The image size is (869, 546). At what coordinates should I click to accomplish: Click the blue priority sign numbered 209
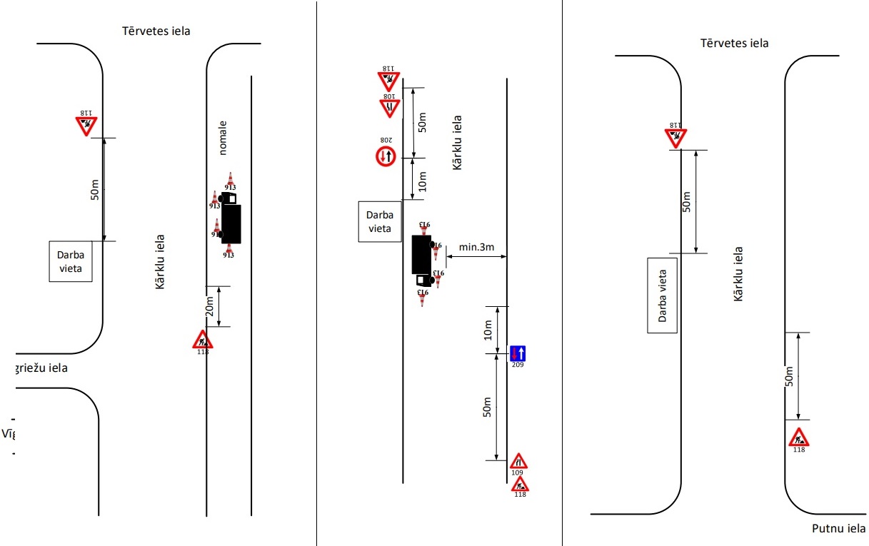(518, 353)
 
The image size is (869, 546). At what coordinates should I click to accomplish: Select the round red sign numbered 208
(386, 156)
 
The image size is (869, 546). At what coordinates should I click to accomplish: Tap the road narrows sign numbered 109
(519, 460)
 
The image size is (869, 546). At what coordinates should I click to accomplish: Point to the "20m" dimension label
(209, 306)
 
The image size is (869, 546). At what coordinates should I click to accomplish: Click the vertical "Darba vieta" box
(662, 295)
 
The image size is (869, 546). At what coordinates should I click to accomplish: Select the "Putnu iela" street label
(839, 529)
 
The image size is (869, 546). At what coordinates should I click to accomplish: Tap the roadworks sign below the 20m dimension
(203, 339)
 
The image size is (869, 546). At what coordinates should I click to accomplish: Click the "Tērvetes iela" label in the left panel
(156, 30)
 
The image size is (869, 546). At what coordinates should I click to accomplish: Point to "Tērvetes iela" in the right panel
(735, 43)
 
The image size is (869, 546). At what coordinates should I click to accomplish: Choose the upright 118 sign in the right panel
(798, 437)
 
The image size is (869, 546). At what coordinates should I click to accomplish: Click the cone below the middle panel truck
(422, 297)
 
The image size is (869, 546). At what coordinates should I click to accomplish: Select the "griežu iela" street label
(41, 368)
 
